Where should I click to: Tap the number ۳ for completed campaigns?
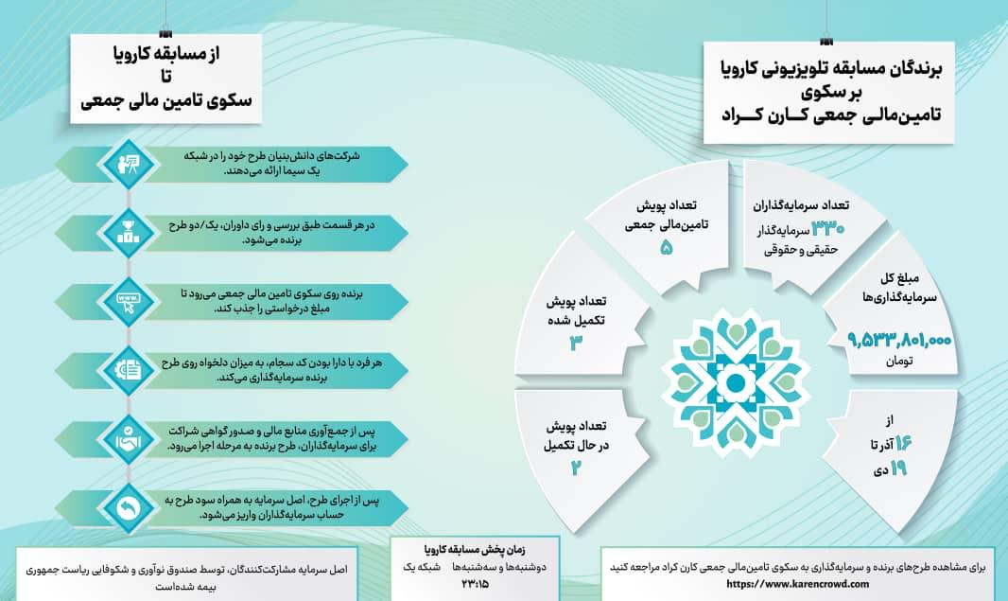pyautogui.click(x=574, y=344)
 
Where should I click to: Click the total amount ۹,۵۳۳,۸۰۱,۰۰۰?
pyautogui.click(x=900, y=339)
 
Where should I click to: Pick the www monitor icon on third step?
pyautogui.click(x=125, y=301)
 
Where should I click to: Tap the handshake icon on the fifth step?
pyautogui.click(x=125, y=439)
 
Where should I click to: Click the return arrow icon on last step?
pyautogui.click(x=125, y=508)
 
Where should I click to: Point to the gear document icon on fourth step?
pyautogui.click(x=125, y=370)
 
